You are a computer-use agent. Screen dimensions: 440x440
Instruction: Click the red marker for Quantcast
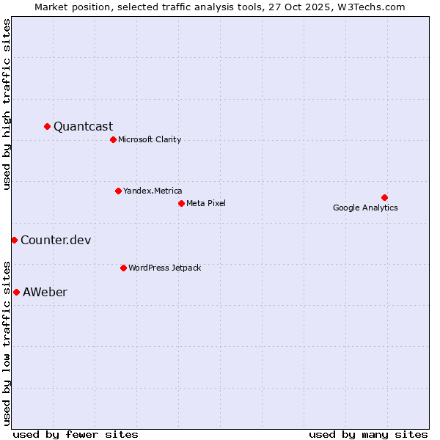click(48, 126)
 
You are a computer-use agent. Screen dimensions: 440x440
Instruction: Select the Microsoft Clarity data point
click(113, 139)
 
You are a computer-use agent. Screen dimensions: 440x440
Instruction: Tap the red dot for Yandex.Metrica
click(118, 191)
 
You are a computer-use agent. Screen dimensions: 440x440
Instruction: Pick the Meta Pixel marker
click(181, 203)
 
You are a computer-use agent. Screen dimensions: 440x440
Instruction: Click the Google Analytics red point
click(384, 197)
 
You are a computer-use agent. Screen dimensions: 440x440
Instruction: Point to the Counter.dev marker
click(14, 240)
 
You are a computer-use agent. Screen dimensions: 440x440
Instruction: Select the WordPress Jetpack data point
click(123, 268)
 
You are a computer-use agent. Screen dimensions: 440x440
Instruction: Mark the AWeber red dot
click(16, 292)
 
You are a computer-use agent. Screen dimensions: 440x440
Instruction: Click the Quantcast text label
click(83, 126)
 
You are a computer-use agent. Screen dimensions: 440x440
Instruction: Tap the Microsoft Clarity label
click(150, 139)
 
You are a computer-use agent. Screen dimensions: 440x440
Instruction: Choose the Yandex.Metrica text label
click(153, 191)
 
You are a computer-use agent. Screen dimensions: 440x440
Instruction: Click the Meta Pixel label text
click(206, 203)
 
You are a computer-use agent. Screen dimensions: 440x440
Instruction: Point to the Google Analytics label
click(365, 208)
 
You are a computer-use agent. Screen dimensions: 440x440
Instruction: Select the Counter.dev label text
click(56, 240)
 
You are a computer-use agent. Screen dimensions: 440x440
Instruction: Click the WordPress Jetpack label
click(164, 268)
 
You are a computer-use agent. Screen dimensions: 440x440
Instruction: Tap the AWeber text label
click(45, 292)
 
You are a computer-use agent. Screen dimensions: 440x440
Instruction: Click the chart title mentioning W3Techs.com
click(219, 7)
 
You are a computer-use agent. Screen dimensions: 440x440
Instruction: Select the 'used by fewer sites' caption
click(76, 434)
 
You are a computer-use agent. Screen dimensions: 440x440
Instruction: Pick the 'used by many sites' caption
click(368, 434)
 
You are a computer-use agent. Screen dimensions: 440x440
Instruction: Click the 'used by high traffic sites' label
click(7, 104)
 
